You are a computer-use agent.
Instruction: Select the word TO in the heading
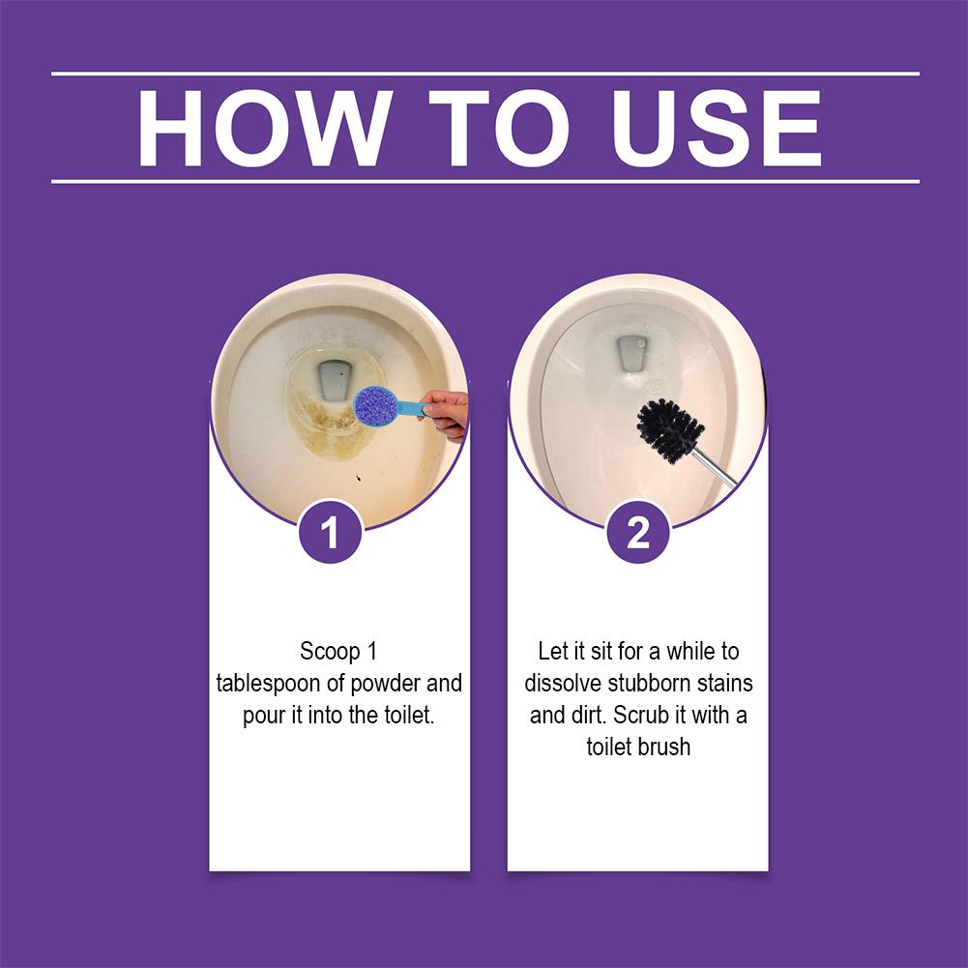click(x=499, y=128)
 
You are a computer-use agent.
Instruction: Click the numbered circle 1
click(x=331, y=532)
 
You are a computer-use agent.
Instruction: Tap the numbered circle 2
click(x=638, y=532)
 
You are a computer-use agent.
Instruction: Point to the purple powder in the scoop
click(x=373, y=405)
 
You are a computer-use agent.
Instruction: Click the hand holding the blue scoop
click(x=446, y=414)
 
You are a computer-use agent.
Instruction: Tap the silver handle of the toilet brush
click(x=715, y=468)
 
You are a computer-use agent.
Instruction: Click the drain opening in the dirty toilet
click(x=335, y=383)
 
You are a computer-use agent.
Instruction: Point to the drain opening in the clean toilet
click(x=631, y=353)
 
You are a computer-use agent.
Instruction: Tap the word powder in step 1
click(x=387, y=684)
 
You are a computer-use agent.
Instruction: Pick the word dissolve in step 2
click(x=563, y=684)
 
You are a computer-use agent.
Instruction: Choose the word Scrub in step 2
click(x=641, y=716)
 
